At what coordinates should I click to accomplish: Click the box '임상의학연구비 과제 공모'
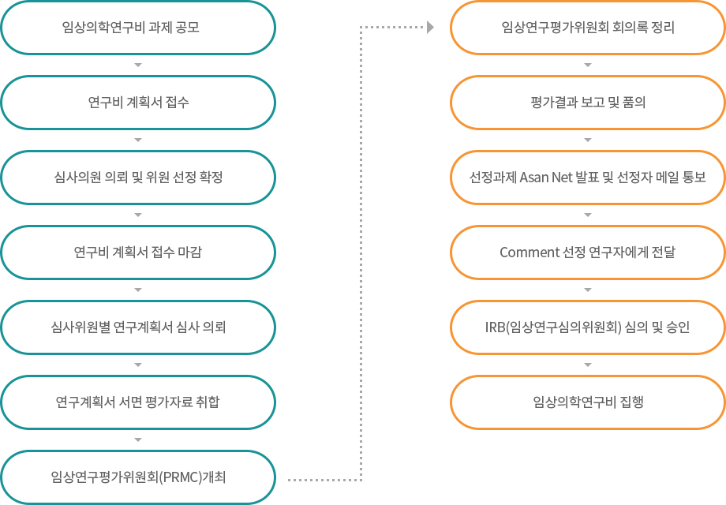pyautogui.click(x=138, y=28)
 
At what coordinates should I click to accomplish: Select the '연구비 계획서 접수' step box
pyautogui.click(x=138, y=103)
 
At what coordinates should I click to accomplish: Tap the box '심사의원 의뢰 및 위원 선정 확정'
pyautogui.click(x=138, y=178)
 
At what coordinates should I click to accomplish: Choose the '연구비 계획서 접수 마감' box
pyautogui.click(x=138, y=252)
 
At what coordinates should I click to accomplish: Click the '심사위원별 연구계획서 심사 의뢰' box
pyautogui.click(x=138, y=327)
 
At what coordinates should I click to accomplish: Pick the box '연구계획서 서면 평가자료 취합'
pyautogui.click(x=138, y=402)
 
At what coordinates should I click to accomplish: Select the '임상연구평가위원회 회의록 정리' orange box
pyautogui.click(x=588, y=28)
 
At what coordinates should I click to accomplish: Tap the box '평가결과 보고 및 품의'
pyautogui.click(x=588, y=103)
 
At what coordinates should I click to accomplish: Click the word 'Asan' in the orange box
pyautogui.click(x=534, y=178)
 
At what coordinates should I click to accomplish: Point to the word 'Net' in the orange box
pyautogui.click(x=562, y=178)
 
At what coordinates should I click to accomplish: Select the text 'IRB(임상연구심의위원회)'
pyautogui.click(x=553, y=327)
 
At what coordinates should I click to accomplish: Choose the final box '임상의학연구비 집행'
pyautogui.click(x=588, y=402)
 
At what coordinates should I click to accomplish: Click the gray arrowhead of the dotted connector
pyautogui.click(x=431, y=28)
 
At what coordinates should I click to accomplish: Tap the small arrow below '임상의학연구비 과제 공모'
pyautogui.click(x=138, y=65)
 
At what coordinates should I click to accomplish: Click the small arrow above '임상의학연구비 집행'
pyautogui.click(x=588, y=365)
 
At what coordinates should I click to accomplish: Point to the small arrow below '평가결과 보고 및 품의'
pyautogui.click(x=588, y=140)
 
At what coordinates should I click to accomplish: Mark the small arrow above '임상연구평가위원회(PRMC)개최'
pyautogui.click(x=138, y=440)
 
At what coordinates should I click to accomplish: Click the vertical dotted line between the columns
pyautogui.click(x=361, y=253)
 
